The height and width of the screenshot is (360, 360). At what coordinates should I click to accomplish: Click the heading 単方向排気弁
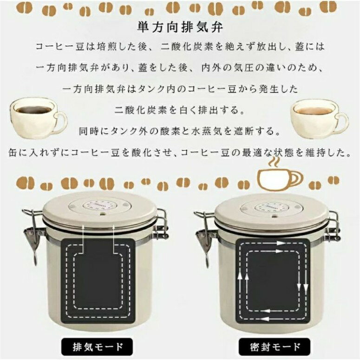click(180, 27)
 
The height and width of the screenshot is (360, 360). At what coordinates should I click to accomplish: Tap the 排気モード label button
click(97, 347)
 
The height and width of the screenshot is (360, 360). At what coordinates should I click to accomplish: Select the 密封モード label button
click(275, 347)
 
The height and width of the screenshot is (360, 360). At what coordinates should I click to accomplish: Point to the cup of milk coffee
click(319, 118)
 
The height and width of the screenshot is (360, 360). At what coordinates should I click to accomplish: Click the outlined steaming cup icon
click(280, 175)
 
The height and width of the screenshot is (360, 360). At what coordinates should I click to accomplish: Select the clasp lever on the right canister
click(203, 239)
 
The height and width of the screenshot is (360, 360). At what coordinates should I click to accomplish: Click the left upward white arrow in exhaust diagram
click(83, 239)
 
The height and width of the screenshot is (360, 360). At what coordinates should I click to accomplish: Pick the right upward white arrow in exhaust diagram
click(114, 239)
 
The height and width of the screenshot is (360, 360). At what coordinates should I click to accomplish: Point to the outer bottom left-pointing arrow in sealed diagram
click(266, 319)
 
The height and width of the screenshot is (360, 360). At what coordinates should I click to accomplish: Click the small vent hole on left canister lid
click(102, 214)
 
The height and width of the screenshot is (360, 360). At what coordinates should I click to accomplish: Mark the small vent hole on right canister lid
click(274, 216)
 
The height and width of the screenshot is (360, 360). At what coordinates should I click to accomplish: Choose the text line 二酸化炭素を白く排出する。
click(180, 110)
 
